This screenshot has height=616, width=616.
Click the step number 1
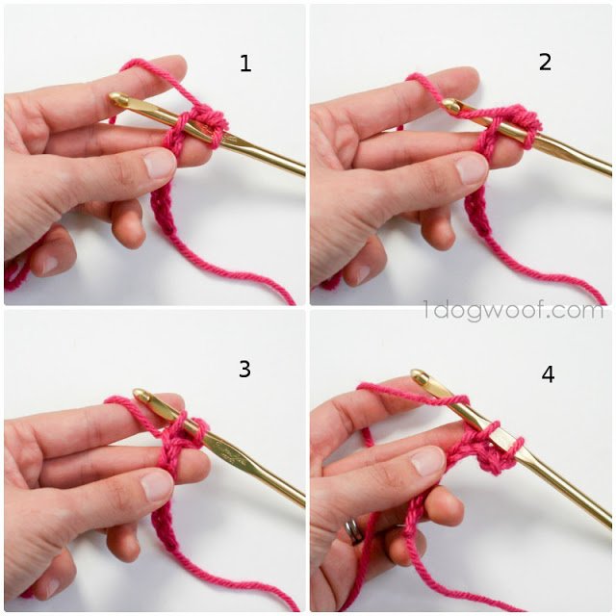coord(245,64)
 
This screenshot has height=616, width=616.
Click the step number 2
coord(545,62)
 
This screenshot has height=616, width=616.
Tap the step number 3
coord(244,369)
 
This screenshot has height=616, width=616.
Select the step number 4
coord(548,374)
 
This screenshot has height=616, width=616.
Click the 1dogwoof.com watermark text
coord(513,311)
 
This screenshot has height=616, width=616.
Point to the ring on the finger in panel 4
coord(354,530)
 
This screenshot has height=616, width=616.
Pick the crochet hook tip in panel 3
coord(140,394)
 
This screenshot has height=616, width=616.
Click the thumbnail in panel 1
coord(159,165)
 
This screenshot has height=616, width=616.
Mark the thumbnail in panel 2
coord(472,169)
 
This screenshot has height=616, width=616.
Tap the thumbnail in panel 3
coord(157,485)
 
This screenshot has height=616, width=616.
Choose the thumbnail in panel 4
coord(428,460)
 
